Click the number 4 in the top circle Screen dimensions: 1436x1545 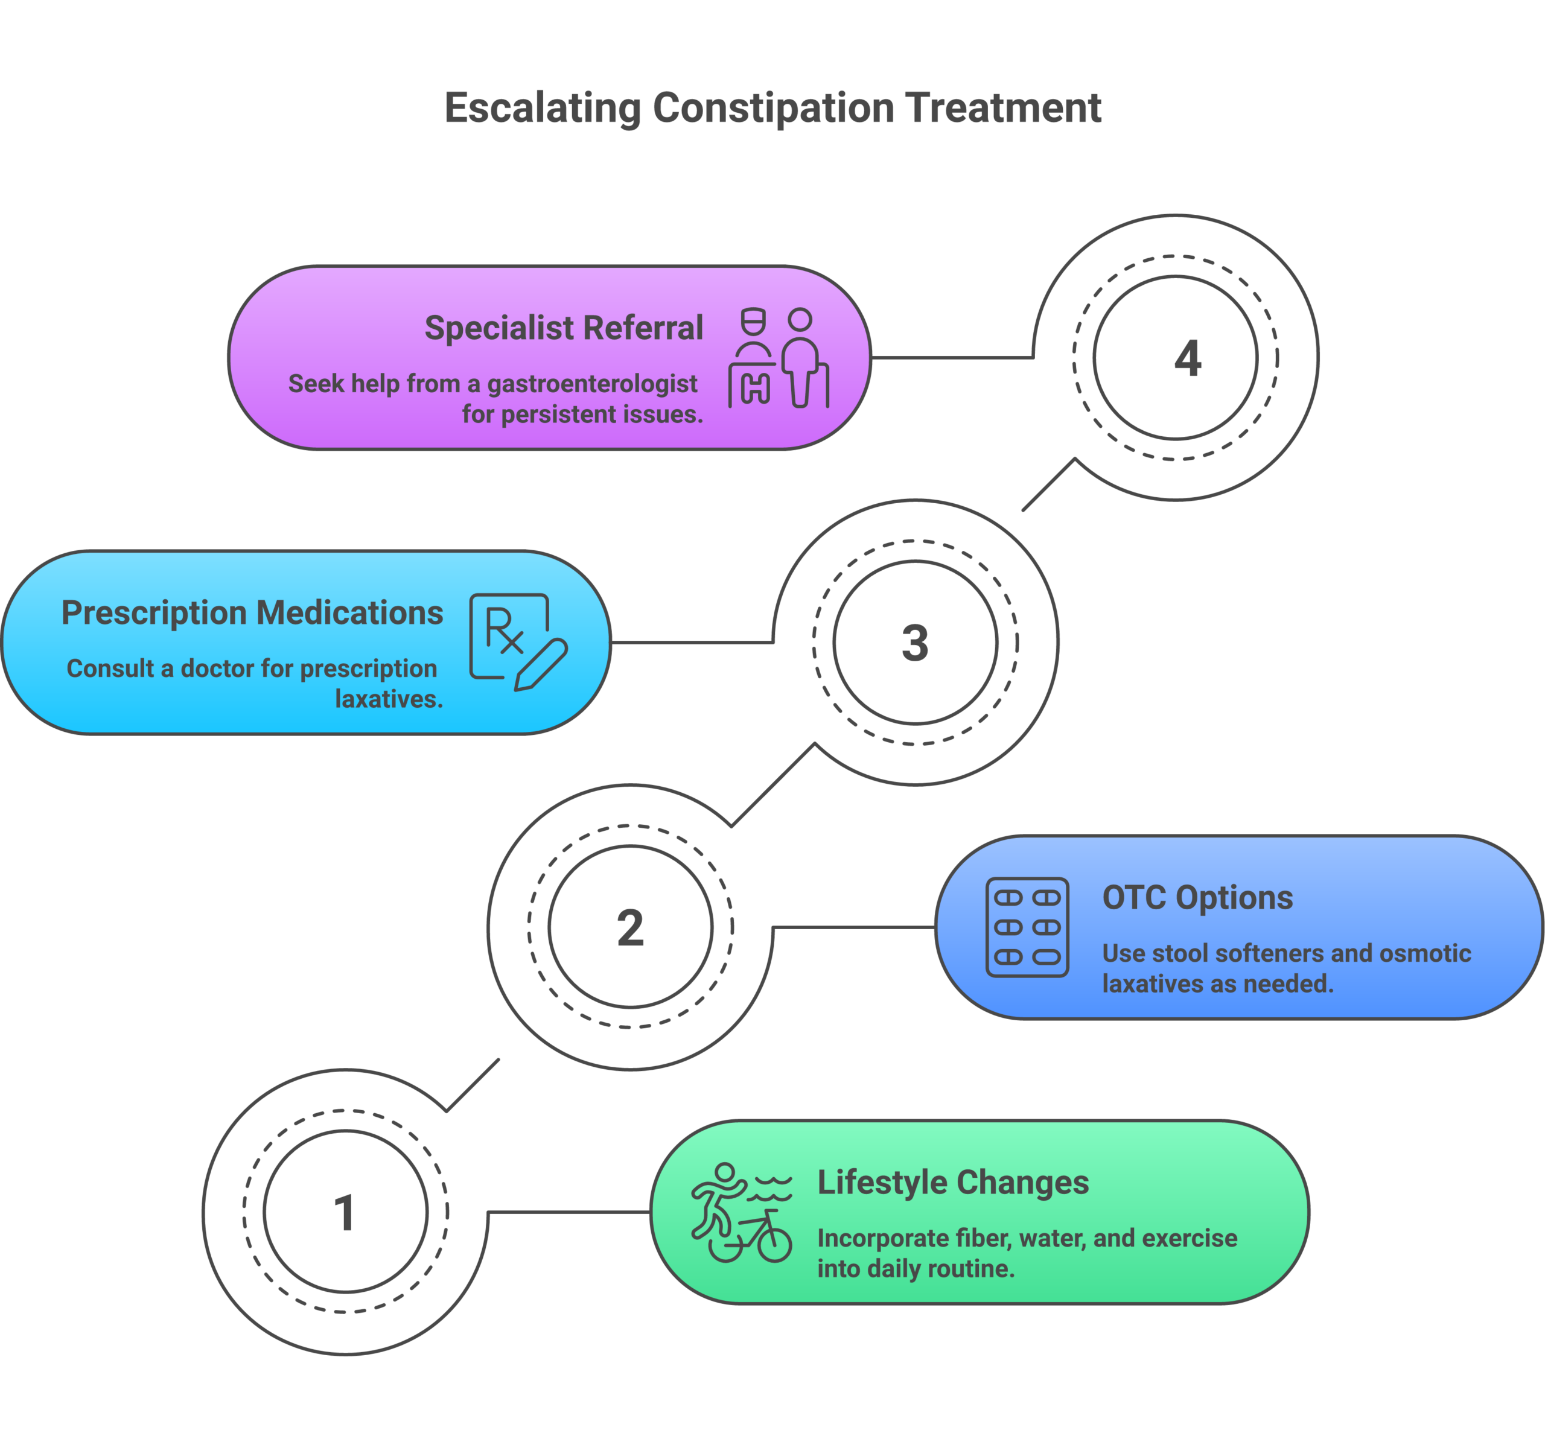(x=1187, y=358)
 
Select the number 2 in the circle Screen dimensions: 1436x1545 (x=630, y=928)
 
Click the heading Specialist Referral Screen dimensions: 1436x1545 (x=564, y=328)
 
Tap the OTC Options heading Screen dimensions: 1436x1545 (x=1197, y=898)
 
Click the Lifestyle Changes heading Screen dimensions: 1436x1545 (x=953, y=1183)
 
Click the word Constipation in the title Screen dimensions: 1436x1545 (x=772, y=107)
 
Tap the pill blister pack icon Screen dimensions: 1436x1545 (x=1027, y=927)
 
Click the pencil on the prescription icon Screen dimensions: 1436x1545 (x=542, y=664)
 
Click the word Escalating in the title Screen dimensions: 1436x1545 (x=542, y=107)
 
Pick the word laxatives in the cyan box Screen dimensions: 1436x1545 (x=389, y=699)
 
